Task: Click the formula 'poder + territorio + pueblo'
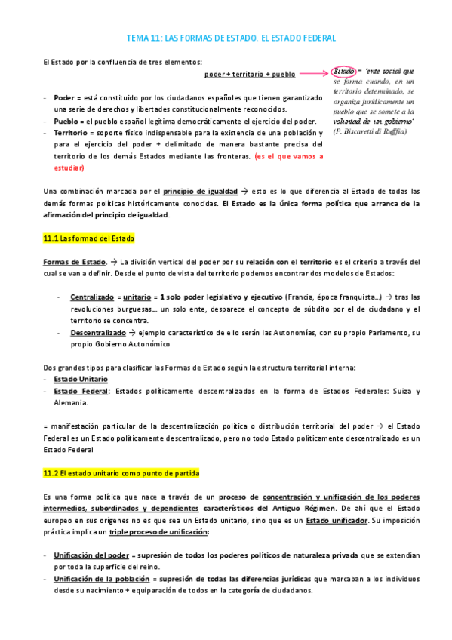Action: point(249,74)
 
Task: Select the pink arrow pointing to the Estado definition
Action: point(313,74)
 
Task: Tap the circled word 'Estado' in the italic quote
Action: point(344,72)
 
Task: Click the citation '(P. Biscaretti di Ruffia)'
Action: point(370,131)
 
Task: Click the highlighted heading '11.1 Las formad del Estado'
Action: point(88,238)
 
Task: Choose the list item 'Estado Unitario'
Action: point(81,379)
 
